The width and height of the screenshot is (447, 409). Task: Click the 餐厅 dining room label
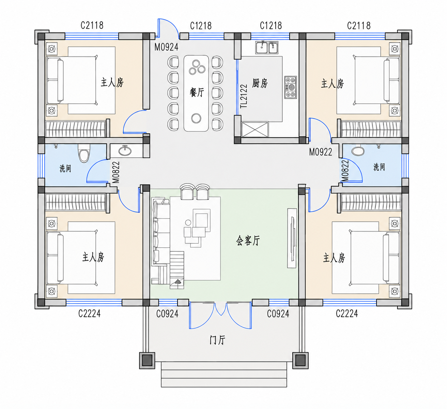[197, 92]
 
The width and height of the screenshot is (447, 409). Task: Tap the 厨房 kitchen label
[260, 83]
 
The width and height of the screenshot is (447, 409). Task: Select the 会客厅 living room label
[248, 240]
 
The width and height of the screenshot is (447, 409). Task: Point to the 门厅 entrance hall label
[217, 340]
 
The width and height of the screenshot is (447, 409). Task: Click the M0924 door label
[167, 47]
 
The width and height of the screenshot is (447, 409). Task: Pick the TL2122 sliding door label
[244, 96]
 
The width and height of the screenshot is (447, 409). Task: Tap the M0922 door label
[321, 152]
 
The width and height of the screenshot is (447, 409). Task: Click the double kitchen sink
[267, 47]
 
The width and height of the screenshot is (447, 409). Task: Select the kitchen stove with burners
[291, 87]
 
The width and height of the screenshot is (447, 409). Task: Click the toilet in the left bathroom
[84, 153]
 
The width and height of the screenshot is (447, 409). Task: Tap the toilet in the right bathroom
[358, 151]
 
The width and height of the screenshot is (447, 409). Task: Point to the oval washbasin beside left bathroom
[125, 151]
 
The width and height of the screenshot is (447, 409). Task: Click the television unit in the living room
[292, 238]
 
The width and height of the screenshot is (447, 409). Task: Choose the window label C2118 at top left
[92, 26]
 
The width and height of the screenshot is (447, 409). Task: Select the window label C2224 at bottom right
[347, 313]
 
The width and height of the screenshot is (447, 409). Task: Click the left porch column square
[147, 360]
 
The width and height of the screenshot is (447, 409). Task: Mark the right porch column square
[300, 360]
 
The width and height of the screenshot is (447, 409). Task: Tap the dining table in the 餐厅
[196, 93]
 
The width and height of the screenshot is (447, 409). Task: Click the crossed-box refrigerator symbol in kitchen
[255, 129]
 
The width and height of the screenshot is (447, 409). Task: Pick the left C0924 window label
[167, 314]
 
